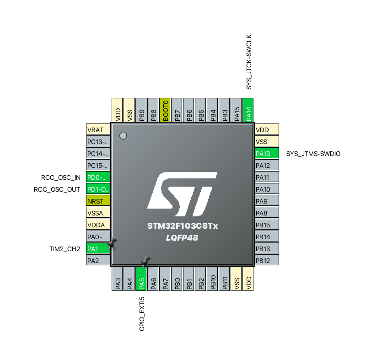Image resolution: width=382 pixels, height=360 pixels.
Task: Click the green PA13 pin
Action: click(x=267, y=153)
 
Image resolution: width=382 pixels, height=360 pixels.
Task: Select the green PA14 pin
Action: click(x=248, y=110)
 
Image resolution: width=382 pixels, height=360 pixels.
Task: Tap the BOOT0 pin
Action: click(x=165, y=110)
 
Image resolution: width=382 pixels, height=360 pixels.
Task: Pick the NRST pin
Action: click(x=98, y=201)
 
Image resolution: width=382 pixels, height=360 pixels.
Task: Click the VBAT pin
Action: click(x=98, y=129)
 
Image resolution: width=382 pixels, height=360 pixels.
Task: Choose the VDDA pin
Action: click(x=98, y=225)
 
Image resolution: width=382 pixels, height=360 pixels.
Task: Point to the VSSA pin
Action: click(x=98, y=213)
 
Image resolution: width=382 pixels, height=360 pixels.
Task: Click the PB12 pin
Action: click(x=267, y=261)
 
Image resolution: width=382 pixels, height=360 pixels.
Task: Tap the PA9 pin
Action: click(x=267, y=201)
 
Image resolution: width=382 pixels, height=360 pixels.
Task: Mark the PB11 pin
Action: click(x=224, y=278)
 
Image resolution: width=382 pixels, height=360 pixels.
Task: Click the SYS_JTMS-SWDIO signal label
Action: click(x=313, y=154)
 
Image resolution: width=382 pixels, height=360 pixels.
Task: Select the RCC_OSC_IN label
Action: click(x=60, y=177)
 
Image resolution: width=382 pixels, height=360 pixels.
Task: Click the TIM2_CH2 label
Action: click(x=65, y=249)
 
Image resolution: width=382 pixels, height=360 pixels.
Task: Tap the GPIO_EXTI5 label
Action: click(x=142, y=313)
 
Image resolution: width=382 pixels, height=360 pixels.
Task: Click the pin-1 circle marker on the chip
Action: click(x=123, y=135)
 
